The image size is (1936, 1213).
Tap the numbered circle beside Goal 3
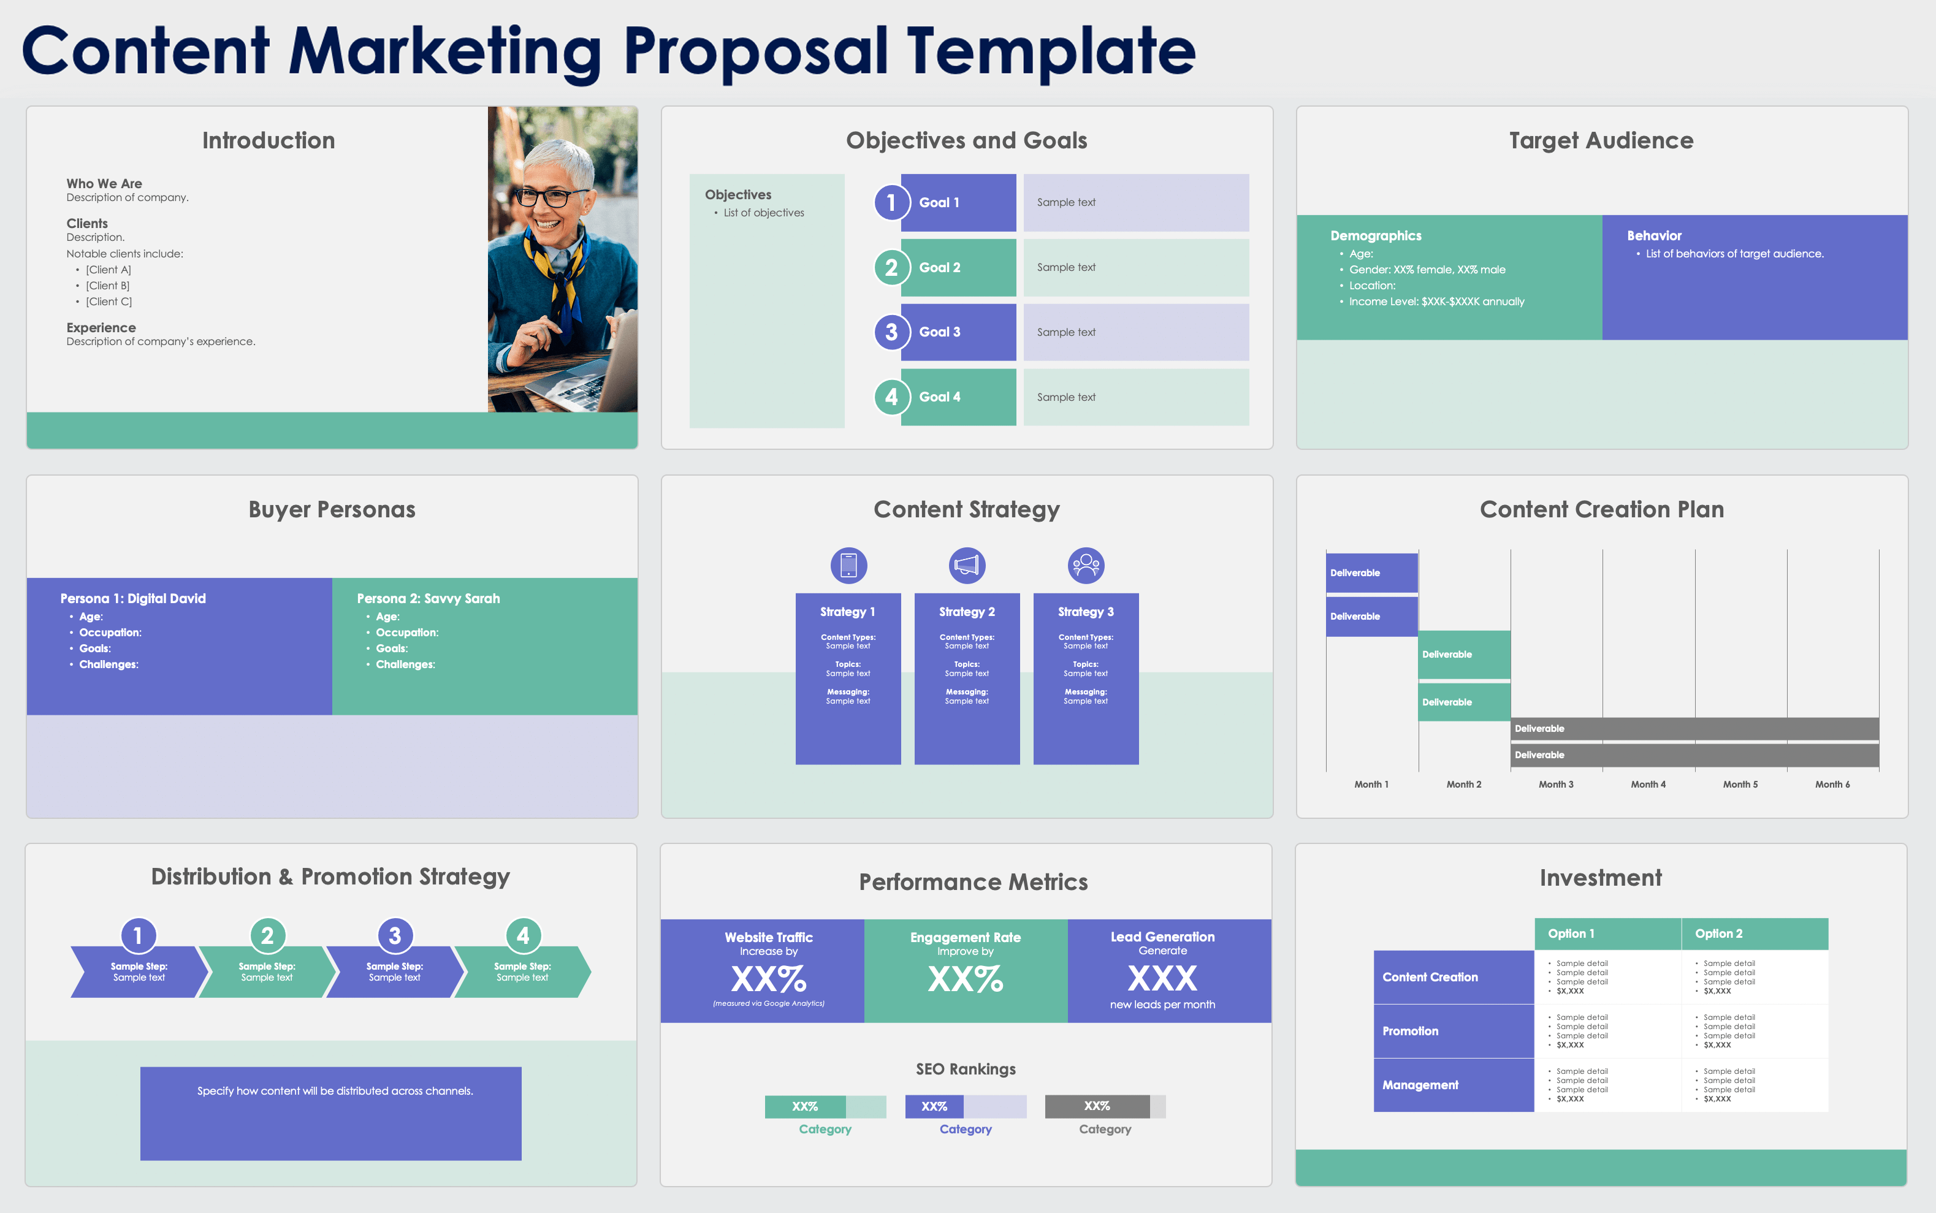click(x=891, y=332)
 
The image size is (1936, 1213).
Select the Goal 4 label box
click(x=958, y=397)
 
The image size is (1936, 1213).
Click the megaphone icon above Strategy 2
click(x=967, y=566)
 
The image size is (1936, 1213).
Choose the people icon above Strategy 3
click(x=1086, y=566)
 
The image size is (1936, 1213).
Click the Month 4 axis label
click(x=1648, y=785)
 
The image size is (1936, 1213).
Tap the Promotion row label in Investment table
click(x=1411, y=1031)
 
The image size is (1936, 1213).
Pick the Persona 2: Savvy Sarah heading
click(x=429, y=598)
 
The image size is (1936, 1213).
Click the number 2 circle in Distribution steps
click(x=267, y=935)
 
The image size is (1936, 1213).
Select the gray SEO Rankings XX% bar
click(x=1097, y=1106)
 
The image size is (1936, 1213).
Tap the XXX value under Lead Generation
click(x=1162, y=979)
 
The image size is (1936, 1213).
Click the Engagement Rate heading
click(x=965, y=937)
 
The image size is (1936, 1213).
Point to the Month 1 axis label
click(x=1371, y=785)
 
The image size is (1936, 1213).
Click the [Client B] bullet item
click(x=107, y=286)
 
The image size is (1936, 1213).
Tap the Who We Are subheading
click(x=104, y=184)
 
